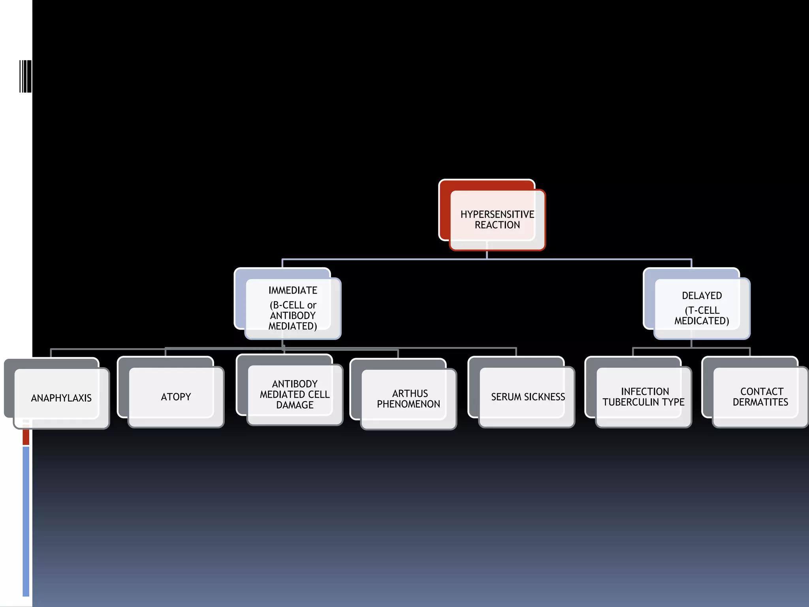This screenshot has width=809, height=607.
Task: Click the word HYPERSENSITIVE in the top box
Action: pyautogui.click(x=497, y=214)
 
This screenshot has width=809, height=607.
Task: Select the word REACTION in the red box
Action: pyautogui.click(x=497, y=225)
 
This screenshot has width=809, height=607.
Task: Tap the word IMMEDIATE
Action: pyautogui.click(x=293, y=290)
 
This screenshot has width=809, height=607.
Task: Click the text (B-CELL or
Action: pyautogui.click(x=293, y=305)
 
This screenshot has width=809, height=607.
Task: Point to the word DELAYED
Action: pyautogui.click(x=702, y=296)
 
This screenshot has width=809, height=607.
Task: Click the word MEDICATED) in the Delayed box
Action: pyautogui.click(x=702, y=321)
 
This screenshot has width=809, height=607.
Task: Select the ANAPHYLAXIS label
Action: pyautogui.click(x=61, y=398)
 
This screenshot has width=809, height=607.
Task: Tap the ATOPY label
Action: pyautogui.click(x=176, y=397)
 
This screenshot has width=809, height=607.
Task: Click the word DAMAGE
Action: pyautogui.click(x=295, y=405)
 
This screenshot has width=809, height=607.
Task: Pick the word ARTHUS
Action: pyautogui.click(x=410, y=394)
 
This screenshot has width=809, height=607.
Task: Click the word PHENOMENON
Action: pyautogui.click(x=408, y=404)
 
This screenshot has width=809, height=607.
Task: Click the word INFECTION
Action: pyautogui.click(x=645, y=392)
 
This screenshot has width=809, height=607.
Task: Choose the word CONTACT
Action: pyautogui.click(x=762, y=392)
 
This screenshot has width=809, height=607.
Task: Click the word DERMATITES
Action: pyautogui.click(x=760, y=402)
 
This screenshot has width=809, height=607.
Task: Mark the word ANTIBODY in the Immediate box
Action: pyautogui.click(x=293, y=315)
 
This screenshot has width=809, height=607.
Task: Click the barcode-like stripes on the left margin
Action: pyautogui.click(x=25, y=76)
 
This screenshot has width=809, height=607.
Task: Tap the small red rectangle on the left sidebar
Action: pyautogui.click(x=26, y=437)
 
